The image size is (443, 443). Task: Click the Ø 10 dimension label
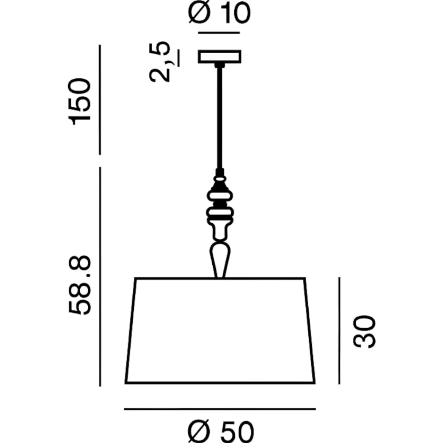pos(219,12)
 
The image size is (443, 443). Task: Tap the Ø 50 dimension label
pos(221,431)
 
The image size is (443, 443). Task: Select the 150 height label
pos(80,101)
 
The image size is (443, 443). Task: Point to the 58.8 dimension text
pos(80,285)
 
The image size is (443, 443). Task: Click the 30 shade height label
pos(365,332)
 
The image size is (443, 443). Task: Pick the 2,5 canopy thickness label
pos(160,62)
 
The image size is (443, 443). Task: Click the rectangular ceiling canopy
pos(220,57)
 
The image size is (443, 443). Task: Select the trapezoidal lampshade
pos(220,330)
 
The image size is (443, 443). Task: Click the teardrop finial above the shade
pos(220,259)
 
